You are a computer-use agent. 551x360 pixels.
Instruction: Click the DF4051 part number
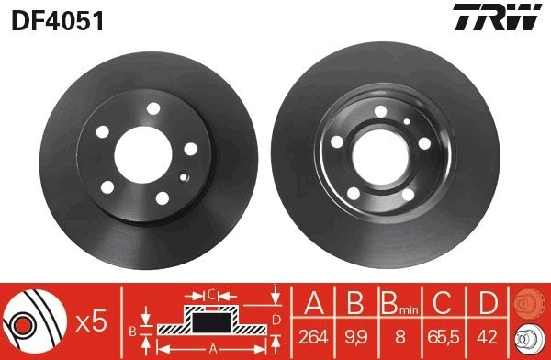pos(58,21)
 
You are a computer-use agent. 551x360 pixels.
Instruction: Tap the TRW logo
pos(497,17)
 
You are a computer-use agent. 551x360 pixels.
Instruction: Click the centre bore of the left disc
pos(143,155)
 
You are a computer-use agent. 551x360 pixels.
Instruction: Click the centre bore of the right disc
pos(380,157)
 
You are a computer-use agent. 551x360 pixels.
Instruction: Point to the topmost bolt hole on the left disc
pos(153,108)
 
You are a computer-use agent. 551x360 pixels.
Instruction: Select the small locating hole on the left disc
pos(183,177)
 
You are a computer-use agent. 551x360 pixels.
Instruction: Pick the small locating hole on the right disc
pos(407,121)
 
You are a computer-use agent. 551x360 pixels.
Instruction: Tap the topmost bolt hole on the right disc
pos(380,111)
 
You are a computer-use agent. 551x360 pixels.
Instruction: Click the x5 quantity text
pos(91,321)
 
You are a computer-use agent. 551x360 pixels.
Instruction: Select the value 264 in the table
pos(313,337)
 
